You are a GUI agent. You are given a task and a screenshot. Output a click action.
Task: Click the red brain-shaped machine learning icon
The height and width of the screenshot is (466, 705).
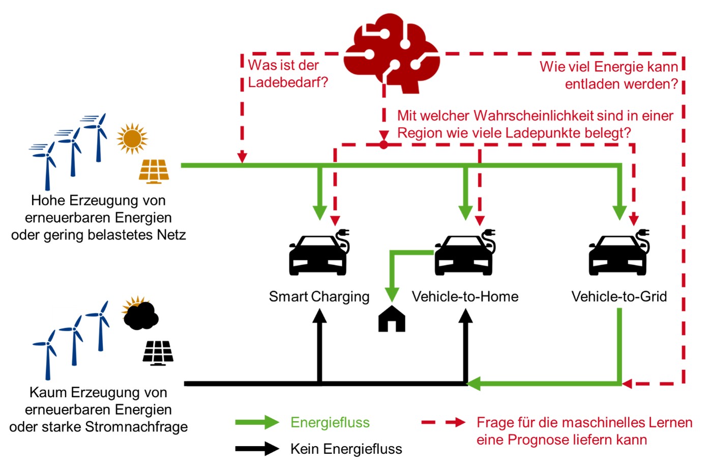pyautogui.click(x=391, y=51)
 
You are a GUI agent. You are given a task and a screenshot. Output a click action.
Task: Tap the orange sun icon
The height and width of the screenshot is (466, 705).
pyautogui.click(x=132, y=138)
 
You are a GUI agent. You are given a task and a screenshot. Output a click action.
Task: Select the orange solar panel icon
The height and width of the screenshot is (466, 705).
pyautogui.click(x=154, y=171)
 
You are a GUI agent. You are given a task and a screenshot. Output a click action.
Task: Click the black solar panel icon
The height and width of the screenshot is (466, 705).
pyautogui.click(x=158, y=353)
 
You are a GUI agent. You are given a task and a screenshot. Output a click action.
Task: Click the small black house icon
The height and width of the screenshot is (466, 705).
pyautogui.click(x=392, y=319)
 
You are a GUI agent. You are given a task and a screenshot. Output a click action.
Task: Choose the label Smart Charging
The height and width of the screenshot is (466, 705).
pyautogui.click(x=319, y=297)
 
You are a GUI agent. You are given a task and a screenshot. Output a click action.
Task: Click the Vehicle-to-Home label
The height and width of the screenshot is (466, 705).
pyautogui.click(x=465, y=297)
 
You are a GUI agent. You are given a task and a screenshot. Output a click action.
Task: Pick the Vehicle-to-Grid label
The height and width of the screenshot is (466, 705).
pyautogui.click(x=619, y=297)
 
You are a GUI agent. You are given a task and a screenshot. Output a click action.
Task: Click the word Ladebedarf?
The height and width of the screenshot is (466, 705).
pyautogui.click(x=288, y=82)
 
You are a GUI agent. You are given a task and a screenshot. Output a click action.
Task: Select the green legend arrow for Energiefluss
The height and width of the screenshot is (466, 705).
pyautogui.click(x=257, y=422)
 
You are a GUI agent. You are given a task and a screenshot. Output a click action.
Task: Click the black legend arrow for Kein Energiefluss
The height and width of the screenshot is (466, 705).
pyautogui.click(x=257, y=449)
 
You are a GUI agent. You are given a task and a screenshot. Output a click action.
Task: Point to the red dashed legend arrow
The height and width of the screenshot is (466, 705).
pyautogui.click(x=444, y=422)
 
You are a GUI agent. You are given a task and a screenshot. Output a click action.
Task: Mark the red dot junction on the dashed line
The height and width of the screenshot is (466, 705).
pyautogui.click(x=384, y=145)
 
